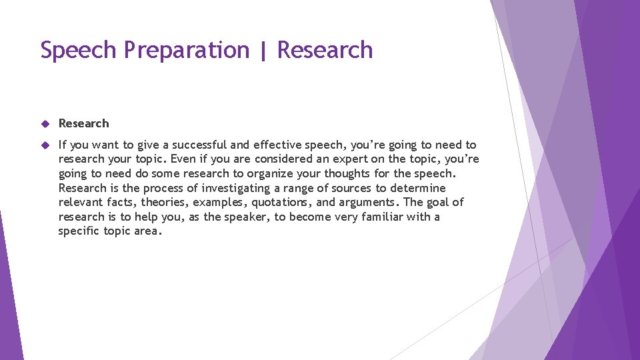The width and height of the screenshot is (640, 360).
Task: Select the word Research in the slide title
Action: click(x=325, y=51)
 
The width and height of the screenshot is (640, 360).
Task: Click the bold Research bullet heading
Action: click(x=83, y=123)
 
